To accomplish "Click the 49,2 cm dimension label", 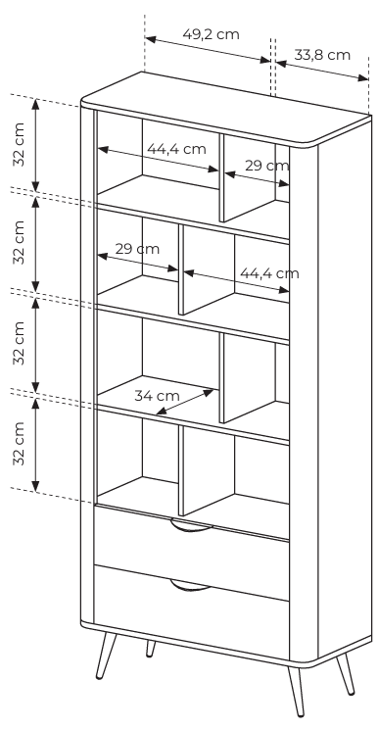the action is (x=211, y=34).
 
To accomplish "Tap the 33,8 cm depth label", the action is (x=322, y=55).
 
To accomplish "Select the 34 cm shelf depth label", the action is (x=157, y=396).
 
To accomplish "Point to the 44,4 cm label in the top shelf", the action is (x=176, y=149).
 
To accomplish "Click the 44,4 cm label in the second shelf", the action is (x=269, y=272).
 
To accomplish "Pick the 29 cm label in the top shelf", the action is (x=267, y=166).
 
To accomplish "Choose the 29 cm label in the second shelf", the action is (x=137, y=249).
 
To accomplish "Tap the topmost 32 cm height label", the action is (x=19, y=144).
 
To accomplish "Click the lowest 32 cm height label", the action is (x=19, y=443).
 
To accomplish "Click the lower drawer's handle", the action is (x=191, y=586).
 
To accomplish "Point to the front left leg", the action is (x=106, y=656).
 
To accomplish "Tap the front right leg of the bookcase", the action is (x=296, y=691).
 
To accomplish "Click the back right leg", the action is (x=346, y=673).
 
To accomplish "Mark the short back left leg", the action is (x=150, y=649).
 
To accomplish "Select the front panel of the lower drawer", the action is (x=191, y=612).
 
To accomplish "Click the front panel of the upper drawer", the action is (x=191, y=552).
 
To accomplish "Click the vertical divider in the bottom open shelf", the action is (x=181, y=471).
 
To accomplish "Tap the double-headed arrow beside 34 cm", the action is (x=185, y=402).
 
